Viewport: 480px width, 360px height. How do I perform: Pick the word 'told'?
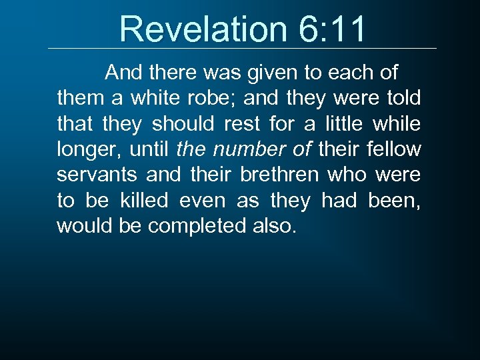point(403,98)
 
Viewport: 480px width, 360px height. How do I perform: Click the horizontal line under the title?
point(243,48)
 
